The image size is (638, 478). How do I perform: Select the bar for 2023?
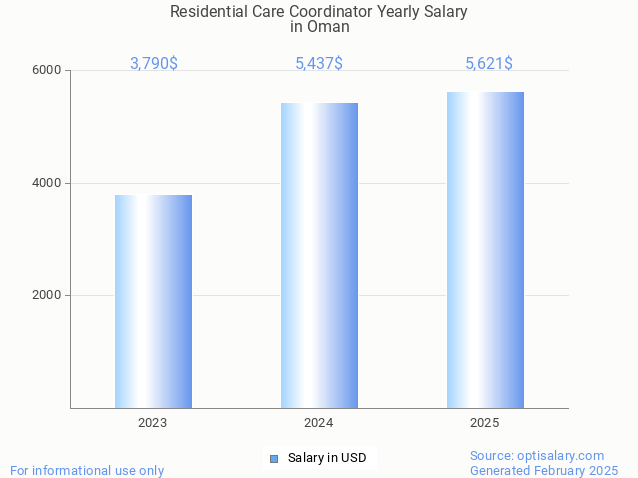tap(153, 301)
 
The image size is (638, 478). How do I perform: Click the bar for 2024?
tap(319, 255)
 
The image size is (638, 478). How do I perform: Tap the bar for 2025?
tap(485, 250)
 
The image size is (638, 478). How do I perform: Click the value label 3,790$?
tap(154, 64)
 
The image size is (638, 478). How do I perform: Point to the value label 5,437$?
tap(319, 64)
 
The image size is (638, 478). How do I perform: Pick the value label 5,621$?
tap(489, 64)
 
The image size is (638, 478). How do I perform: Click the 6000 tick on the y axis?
tap(47, 71)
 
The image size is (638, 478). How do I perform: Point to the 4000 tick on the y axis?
tap(47, 183)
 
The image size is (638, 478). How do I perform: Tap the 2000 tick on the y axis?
tap(47, 296)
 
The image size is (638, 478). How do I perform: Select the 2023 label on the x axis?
tap(153, 423)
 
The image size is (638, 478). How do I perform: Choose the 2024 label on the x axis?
tap(319, 423)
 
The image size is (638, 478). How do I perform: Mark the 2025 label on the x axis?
tap(485, 423)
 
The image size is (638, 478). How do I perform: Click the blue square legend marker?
tap(274, 459)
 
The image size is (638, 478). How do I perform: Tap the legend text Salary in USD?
tap(327, 459)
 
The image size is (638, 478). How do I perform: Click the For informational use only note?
tap(87, 470)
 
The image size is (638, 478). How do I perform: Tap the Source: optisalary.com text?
tap(537, 455)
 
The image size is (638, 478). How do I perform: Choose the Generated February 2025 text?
tap(544, 470)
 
